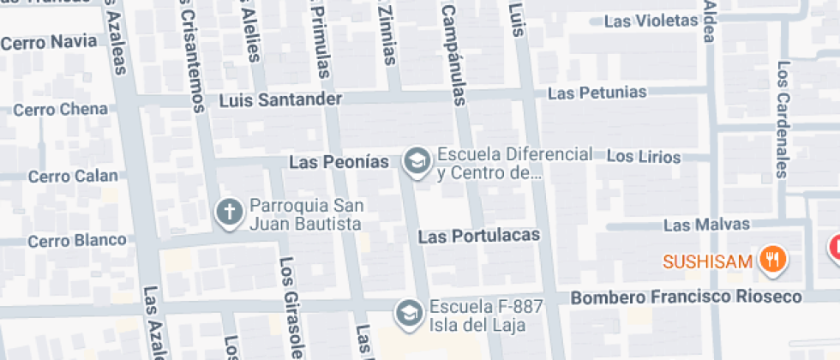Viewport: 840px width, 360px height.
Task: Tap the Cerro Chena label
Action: coord(60,109)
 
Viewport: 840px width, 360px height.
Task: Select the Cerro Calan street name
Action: coord(73,176)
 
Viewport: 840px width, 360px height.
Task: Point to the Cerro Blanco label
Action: coord(76,240)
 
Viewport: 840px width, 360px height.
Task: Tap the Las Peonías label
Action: coord(339,161)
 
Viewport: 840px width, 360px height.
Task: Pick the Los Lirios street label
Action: coord(643,157)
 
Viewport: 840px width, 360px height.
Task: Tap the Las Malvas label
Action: coord(706,225)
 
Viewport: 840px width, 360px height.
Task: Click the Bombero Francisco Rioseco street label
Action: coord(686,297)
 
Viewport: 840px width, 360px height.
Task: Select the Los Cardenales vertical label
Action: coord(783,119)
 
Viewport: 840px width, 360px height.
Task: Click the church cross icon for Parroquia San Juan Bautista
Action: coord(229,213)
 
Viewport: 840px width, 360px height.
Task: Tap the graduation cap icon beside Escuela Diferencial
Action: coord(417,160)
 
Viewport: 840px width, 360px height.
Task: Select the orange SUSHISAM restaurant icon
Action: coord(773,260)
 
